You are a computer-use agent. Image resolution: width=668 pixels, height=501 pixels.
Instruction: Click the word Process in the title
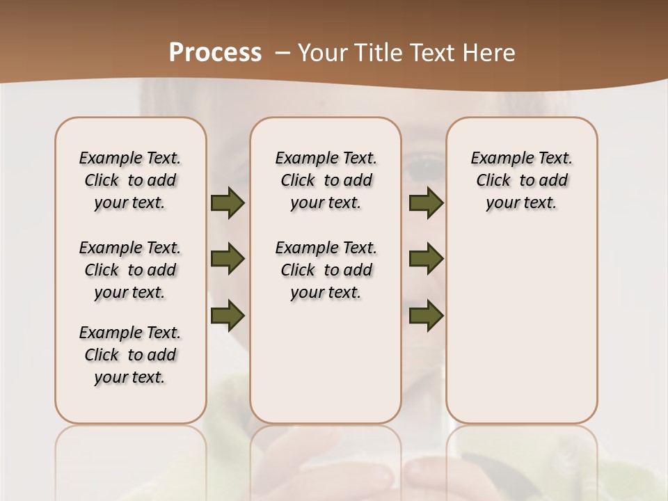(x=215, y=52)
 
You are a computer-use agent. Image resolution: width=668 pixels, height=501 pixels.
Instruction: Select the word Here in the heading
(x=491, y=53)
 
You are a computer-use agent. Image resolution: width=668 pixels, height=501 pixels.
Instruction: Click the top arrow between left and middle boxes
(x=228, y=203)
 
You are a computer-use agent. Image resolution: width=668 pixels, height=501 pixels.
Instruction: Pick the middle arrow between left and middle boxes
(x=228, y=259)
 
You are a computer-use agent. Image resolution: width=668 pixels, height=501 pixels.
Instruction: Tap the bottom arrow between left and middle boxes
(x=228, y=315)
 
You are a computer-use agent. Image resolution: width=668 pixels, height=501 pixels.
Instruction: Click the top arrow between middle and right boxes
(x=426, y=203)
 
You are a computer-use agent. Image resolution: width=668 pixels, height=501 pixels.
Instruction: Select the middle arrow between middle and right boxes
(x=426, y=259)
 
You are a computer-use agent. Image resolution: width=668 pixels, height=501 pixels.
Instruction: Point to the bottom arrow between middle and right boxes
(x=426, y=315)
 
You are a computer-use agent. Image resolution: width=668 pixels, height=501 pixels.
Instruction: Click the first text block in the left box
(x=130, y=180)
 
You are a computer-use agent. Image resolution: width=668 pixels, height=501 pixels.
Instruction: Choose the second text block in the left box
(x=130, y=270)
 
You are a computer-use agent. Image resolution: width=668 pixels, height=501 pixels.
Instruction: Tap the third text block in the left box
(x=130, y=355)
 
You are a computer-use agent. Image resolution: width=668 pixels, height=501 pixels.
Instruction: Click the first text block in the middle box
(x=326, y=180)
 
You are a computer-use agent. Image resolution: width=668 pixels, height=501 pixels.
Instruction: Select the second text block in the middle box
(x=326, y=270)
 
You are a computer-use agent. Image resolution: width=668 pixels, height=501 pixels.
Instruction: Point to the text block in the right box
(x=522, y=180)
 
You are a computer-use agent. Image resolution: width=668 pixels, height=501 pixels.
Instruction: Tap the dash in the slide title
(x=283, y=53)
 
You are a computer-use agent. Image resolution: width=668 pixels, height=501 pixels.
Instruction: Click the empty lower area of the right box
(x=522, y=334)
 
